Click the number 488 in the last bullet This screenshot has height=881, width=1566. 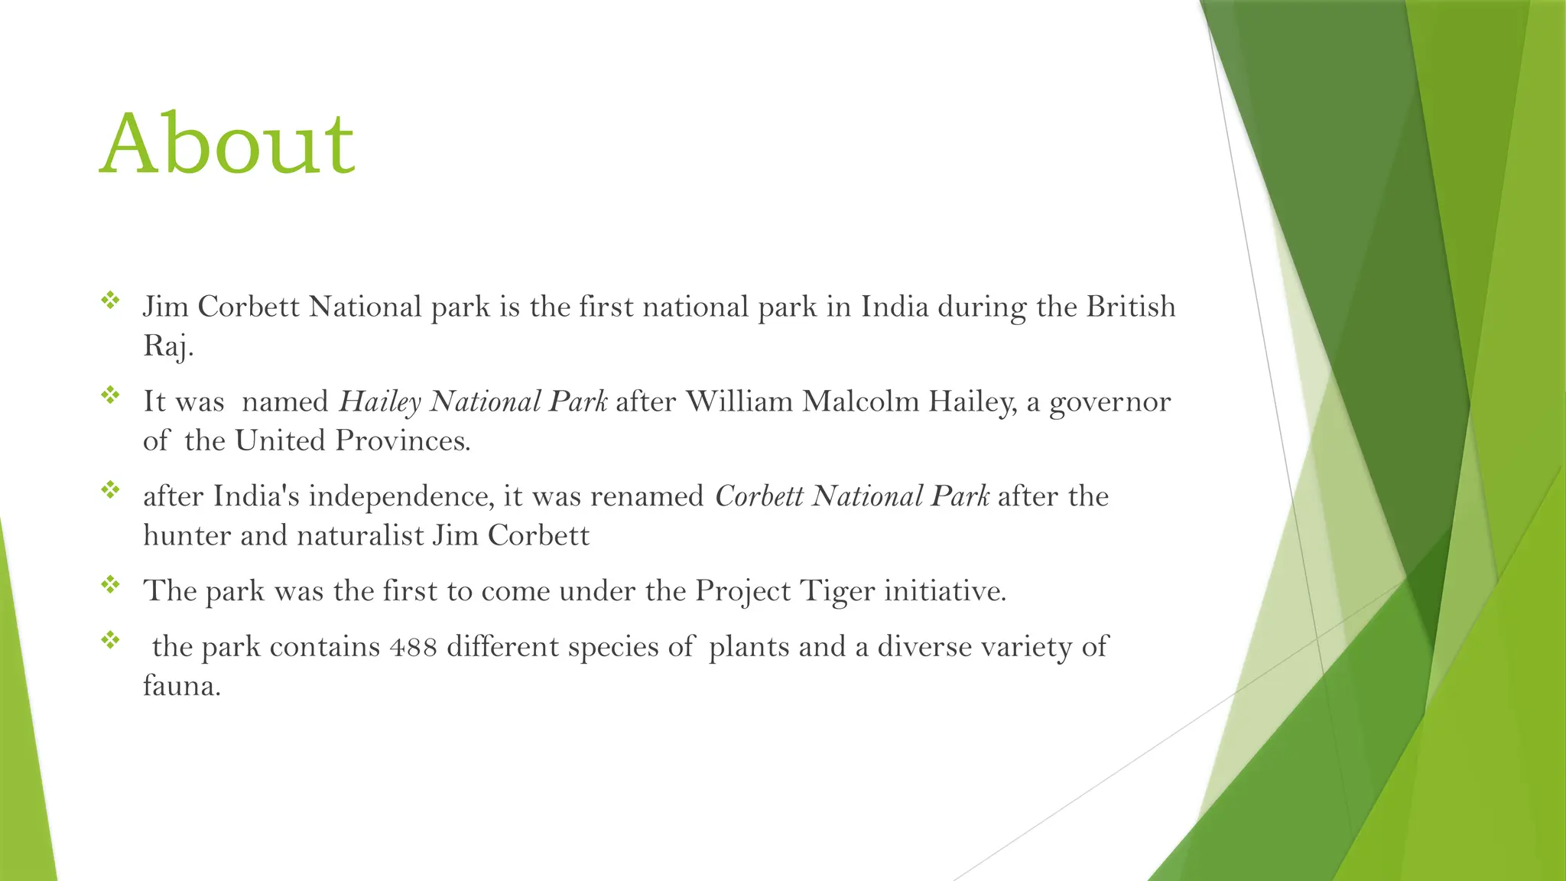click(413, 647)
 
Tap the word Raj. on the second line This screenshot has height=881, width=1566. click(168, 346)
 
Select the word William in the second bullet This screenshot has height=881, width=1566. click(739, 401)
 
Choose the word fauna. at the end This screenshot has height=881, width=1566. click(182, 685)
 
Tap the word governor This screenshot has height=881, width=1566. click(1110, 401)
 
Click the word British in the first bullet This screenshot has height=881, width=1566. click(1131, 307)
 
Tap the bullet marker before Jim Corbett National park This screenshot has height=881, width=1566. click(110, 300)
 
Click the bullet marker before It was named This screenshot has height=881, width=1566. click(110, 395)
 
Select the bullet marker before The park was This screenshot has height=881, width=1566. click(110, 584)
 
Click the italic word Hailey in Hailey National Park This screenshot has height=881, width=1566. click(380, 401)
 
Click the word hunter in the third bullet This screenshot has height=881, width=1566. click(187, 535)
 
